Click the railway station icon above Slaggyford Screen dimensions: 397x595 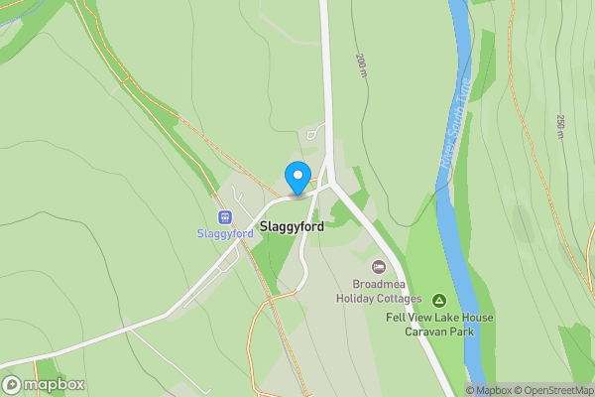click(x=225, y=216)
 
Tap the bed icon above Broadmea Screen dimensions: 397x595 click(x=379, y=267)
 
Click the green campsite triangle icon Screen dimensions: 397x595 click(x=438, y=300)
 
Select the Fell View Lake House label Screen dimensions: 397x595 click(x=439, y=318)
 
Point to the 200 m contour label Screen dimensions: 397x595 click(x=361, y=66)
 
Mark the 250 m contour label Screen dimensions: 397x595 click(x=560, y=127)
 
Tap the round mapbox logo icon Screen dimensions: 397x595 click(x=12, y=385)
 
